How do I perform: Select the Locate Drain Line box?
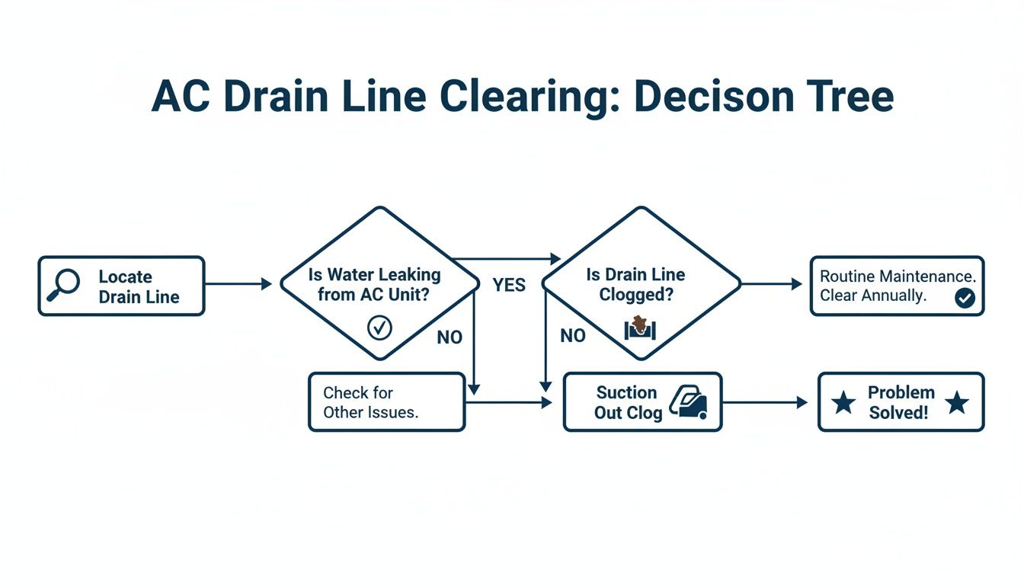(x=121, y=286)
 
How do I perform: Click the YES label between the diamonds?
(x=508, y=285)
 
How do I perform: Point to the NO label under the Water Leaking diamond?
(x=450, y=337)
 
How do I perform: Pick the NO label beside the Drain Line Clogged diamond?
(x=572, y=336)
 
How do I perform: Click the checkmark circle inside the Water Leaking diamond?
(x=379, y=328)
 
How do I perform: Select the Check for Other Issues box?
(x=386, y=402)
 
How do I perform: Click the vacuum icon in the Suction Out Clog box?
(x=689, y=401)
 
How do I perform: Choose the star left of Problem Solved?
(x=843, y=403)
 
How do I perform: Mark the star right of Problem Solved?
(x=956, y=403)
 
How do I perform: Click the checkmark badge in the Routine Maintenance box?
(x=964, y=299)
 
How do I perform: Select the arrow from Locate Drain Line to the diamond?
(x=238, y=284)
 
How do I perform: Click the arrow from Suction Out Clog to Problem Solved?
(x=764, y=402)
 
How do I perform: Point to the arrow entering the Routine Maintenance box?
(x=772, y=284)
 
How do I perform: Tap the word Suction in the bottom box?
(x=626, y=392)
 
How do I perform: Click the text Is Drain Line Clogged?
(x=635, y=284)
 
